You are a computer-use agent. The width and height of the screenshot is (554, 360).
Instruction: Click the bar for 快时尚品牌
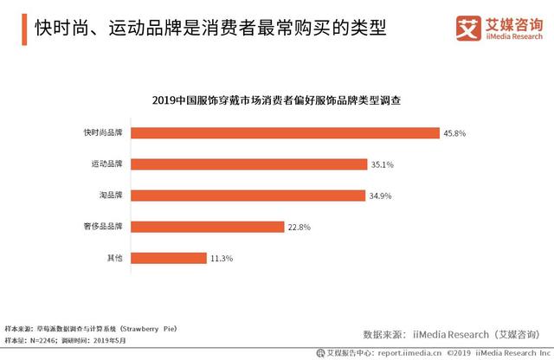pos(286,132)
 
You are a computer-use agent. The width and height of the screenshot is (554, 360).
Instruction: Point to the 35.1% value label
pos(383,164)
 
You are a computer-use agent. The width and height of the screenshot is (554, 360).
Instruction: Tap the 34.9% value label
pos(381,196)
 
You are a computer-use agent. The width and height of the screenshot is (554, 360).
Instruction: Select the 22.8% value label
pos(300,228)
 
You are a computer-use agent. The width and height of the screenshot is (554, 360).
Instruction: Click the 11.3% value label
pos(222,259)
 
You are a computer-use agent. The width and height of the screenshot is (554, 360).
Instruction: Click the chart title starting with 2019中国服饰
pos(276,100)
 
